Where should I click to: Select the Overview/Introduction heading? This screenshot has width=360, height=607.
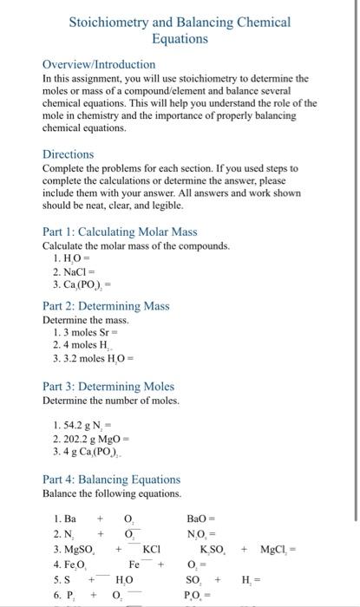[x=99, y=64]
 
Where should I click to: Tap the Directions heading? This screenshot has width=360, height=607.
[x=69, y=153]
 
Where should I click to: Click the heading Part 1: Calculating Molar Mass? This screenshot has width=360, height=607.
[x=120, y=232]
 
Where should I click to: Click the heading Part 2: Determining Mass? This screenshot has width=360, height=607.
[x=106, y=305]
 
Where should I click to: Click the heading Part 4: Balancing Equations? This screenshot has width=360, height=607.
[x=111, y=479]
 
